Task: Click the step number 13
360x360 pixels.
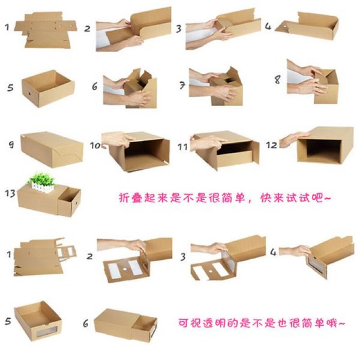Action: [x=9, y=193]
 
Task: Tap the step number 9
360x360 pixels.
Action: [x=11, y=145]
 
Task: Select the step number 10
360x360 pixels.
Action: [x=95, y=146]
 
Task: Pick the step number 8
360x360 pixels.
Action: [x=278, y=80]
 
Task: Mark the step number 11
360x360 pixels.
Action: [x=182, y=147]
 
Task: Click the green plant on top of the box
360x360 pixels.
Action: [x=41, y=178]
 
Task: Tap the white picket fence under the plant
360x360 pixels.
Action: [x=41, y=189]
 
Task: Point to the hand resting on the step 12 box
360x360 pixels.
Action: [x=292, y=139]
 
